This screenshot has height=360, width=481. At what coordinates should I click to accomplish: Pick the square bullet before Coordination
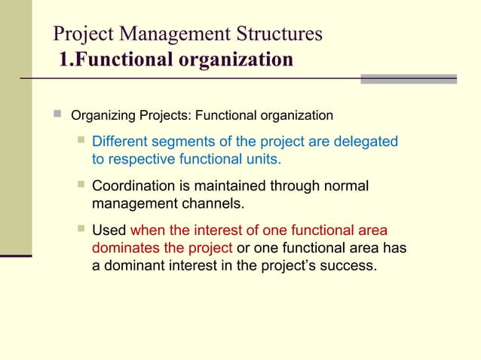pyautogui.click(x=80, y=186)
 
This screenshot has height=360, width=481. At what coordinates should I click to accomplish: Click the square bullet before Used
pyautogui.click(x=80, y=230)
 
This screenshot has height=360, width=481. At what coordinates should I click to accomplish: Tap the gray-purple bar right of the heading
pyautogui.click(x=409, y=78)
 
